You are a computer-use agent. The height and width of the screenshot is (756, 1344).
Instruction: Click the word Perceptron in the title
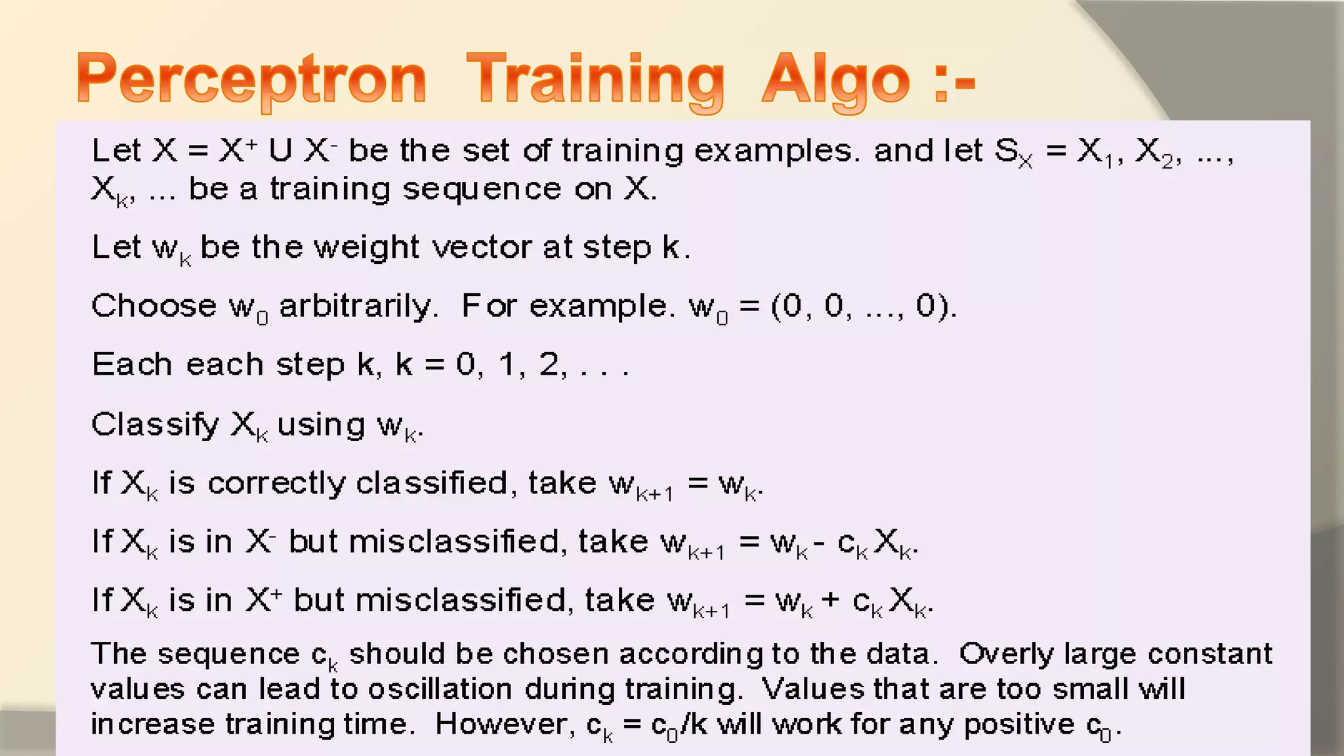tap(251, 80)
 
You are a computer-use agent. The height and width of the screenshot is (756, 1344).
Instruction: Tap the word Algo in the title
tap(835, 80)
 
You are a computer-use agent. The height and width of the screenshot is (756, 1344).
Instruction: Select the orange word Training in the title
tap(595, 80)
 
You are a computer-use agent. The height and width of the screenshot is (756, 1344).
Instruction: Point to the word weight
tap(366, 248)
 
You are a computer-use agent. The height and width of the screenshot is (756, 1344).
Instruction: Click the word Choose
tap(154, 306)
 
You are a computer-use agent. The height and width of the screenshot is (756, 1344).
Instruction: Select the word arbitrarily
tap(358, 306)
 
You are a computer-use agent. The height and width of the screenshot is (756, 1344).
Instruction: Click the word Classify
tap(155, 425)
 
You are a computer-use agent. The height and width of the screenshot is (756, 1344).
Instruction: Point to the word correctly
tap(276, 484)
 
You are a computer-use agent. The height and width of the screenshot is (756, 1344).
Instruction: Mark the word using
tap(321, 425)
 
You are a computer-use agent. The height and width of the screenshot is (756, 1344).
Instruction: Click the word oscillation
tap(440, 689)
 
